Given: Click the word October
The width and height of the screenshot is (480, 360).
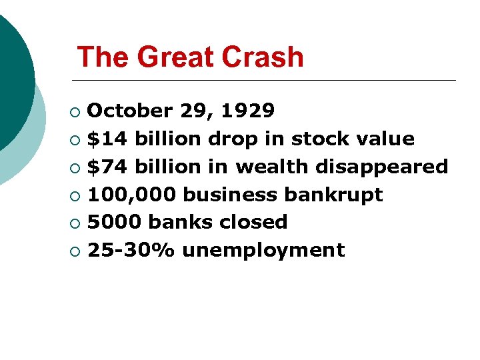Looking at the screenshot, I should click(130, 110).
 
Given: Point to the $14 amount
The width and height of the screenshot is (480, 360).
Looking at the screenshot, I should click(108, 139).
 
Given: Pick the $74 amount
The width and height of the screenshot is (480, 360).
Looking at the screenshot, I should click(108, 167).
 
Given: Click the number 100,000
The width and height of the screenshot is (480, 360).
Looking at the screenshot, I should click(132, 195).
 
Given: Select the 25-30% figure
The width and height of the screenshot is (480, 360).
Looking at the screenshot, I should click(131, 250).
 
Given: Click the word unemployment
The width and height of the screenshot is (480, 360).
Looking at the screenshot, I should click(263, 250).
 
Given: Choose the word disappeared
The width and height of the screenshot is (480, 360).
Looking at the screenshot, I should click(381, 167).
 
